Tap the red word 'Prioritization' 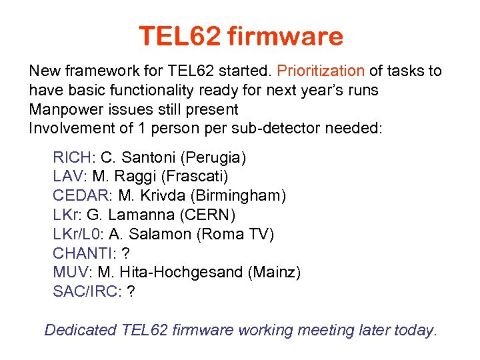[x=320, y=71]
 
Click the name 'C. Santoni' [x=136, y=158]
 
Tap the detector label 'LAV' [x=68, y=177]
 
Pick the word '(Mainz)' [x=281, y=272]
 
